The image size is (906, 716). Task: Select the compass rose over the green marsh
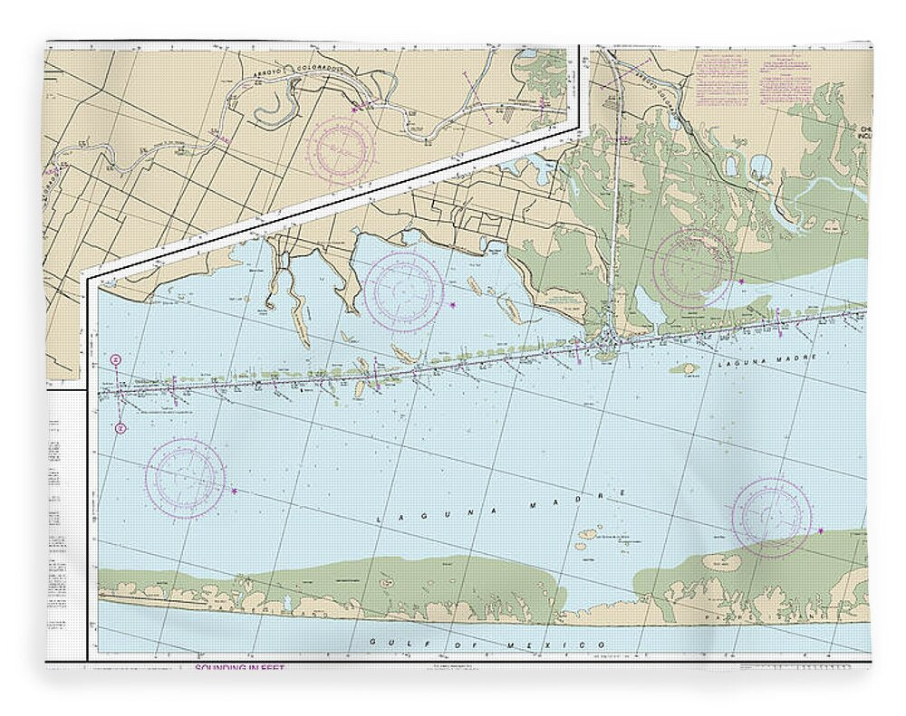692,268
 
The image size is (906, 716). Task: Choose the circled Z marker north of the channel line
117,360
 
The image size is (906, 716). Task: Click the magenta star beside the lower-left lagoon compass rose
235,491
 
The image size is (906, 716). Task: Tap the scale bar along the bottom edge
797,667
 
